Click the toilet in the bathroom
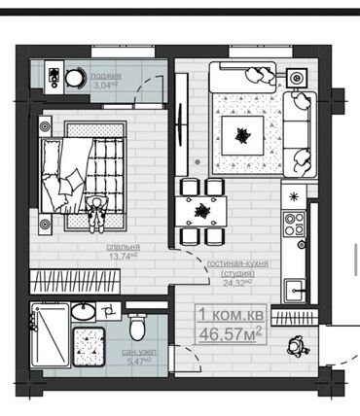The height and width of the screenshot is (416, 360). (137, 326)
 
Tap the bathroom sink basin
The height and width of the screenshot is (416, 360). (84, 311)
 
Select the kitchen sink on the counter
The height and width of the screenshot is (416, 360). (295, 291)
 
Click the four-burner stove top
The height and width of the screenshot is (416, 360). (295, 224)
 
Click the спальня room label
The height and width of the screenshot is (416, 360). (124, 247)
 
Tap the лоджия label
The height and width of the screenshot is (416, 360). (106, 76)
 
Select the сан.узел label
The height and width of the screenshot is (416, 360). (139, 352)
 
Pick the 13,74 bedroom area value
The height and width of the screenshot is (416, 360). (122, 257)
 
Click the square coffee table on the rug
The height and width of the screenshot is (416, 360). (242, 135)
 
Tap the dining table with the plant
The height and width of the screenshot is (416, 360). (201, 212)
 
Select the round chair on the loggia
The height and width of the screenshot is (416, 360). (74, 78)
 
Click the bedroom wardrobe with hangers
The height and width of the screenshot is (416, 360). (75, 281)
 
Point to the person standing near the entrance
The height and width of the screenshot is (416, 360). (298, 347)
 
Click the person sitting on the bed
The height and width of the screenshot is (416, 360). (96, 214)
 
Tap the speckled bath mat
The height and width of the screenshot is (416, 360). (89, 347)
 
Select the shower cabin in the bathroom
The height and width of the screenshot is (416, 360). (51, 334)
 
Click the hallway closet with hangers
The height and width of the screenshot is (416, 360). (294, 318)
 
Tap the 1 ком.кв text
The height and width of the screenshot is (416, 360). (232, 315)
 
